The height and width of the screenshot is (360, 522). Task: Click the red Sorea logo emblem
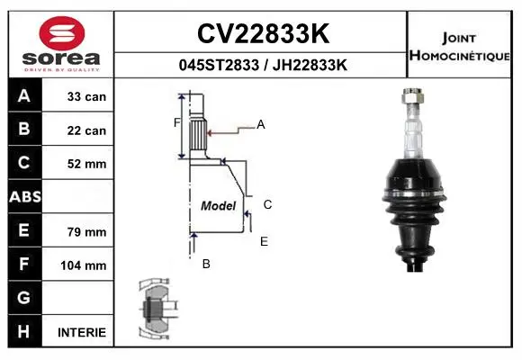coord(62,33)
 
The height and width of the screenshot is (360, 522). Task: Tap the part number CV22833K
coord(263,33)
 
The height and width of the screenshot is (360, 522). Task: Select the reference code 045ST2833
coord(219,65)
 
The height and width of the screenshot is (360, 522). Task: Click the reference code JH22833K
coord(310,65)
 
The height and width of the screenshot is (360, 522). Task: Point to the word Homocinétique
coord(459,55)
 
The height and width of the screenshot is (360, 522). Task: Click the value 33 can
coord(86,96)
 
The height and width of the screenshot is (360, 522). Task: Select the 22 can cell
coord(86,130)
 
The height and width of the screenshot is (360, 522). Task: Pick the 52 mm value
coord(86,164)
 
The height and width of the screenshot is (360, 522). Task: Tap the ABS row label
coord(25,197)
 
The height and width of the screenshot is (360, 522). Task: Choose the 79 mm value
coord(86,232)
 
